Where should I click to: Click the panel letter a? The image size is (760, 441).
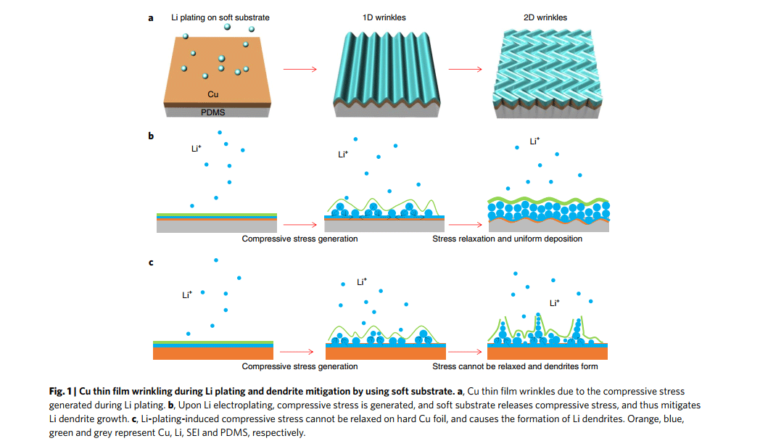click(x=151, y=18)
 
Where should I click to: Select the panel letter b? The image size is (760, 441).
click(x=151, y=136)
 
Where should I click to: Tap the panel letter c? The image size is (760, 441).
click(x=151, y=262)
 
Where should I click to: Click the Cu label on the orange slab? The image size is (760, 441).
click(x=213, y=94)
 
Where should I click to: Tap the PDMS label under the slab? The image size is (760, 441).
click(x=212, y=112)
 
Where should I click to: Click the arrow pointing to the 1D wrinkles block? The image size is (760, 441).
click(x=300, y=70)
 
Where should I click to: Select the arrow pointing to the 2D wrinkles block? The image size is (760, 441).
click(x=465, y=70)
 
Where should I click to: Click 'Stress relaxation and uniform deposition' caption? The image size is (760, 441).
click(x=507, y=239)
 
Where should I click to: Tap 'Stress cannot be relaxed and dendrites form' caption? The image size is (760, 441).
click(x=515, y=366)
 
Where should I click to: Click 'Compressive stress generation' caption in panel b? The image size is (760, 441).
click(x=300, y=239)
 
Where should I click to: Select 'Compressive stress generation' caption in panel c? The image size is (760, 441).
click(x=300, y=366)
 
